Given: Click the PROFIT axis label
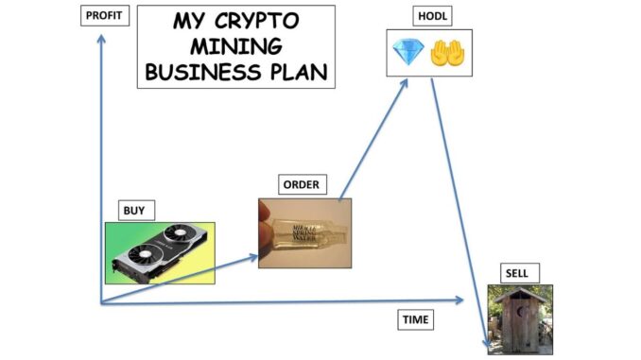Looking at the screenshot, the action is (104, 16).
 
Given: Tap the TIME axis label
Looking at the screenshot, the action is (415, 320).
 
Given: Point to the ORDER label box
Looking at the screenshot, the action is (299, 184).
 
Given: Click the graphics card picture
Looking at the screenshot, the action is (160, 252).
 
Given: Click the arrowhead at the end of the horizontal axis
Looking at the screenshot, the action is (460, 300).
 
